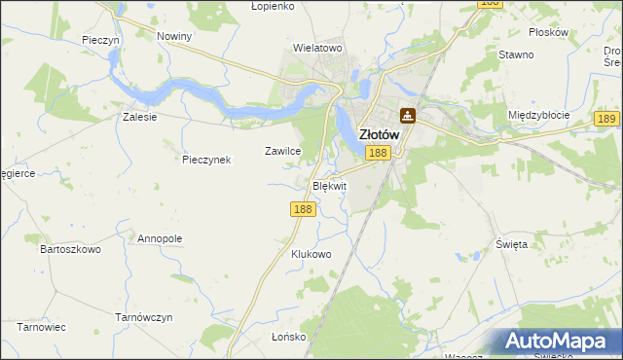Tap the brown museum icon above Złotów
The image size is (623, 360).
tap(408, 115)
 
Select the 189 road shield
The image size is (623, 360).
tap(607, 118)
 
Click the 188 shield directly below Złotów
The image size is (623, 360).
tap(380, 153)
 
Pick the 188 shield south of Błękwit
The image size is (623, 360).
tap(303, 209)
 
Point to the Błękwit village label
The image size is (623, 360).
tap(329, 185)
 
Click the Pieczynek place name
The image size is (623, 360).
tap(206, 159)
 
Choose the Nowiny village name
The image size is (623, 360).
tap(174, 36)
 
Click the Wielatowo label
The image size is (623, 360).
tap(318, 47)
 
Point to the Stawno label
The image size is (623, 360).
tap(516, 54)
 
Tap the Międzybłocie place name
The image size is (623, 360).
tap(538, 115)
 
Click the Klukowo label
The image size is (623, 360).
tap(311, 254)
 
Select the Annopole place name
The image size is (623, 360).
tap(160, 238)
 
